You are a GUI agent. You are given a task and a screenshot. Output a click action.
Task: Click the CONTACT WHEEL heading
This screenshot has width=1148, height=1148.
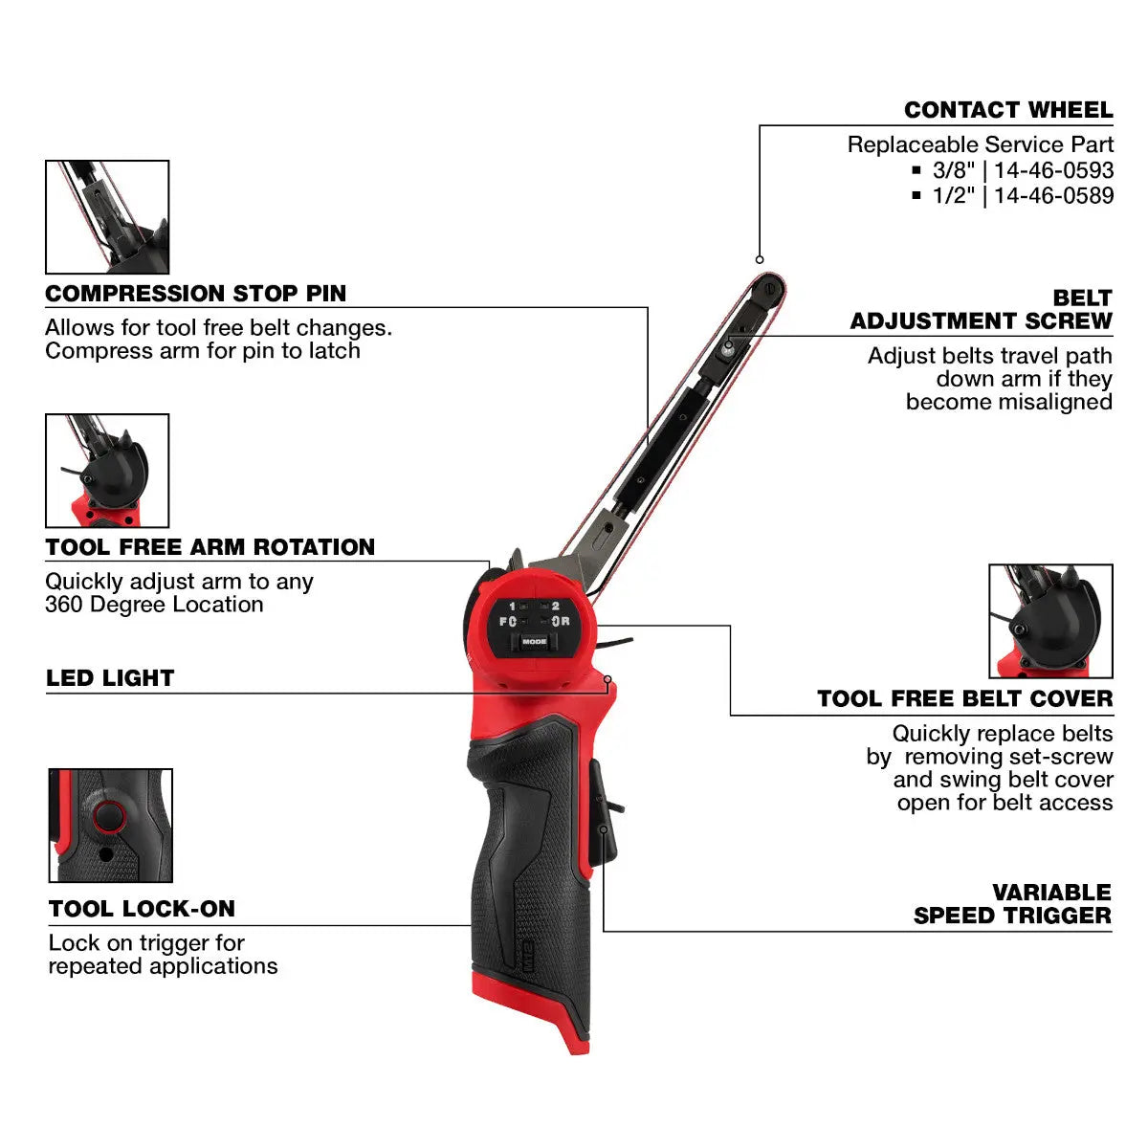click(1008, 110)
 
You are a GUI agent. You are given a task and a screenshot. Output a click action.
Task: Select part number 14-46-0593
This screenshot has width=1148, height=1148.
click(1053, 170)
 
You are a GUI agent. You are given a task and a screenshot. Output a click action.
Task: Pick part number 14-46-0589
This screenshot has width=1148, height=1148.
click(1053, 195)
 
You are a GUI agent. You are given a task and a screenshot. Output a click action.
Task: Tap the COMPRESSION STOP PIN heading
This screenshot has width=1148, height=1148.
click(196, 294)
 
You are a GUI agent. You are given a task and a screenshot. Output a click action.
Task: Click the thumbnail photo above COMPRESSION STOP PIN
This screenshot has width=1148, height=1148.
click(107, 217)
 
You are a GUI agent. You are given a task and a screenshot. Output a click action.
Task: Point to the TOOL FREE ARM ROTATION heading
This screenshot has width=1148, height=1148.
click(210, 547)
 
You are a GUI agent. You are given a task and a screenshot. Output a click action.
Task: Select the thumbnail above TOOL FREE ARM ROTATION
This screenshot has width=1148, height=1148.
click(107, 471)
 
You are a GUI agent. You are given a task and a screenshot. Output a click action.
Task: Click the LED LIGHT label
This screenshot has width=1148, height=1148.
click(110, 678)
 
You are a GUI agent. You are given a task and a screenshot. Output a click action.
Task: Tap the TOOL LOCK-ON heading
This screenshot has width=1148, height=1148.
click(142, 909)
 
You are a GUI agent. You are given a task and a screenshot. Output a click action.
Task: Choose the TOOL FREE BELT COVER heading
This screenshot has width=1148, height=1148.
click(964, 699)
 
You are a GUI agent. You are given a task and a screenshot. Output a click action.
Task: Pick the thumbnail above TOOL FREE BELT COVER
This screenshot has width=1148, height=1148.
click(1050, 621)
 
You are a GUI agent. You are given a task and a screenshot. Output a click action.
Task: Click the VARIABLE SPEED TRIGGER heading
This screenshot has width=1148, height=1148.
click(1012, 904)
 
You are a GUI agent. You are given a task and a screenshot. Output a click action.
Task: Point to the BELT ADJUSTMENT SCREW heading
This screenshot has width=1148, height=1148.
click(982, 309)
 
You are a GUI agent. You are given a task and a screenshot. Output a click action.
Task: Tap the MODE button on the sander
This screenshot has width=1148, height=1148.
click(535, 642)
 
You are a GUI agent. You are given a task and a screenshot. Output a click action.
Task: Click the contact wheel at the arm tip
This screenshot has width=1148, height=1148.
click(770, 287)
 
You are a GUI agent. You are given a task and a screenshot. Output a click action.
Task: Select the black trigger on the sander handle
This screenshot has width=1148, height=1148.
click(603, 813)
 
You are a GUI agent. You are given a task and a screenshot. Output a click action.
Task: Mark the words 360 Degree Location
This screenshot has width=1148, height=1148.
click(154, 605)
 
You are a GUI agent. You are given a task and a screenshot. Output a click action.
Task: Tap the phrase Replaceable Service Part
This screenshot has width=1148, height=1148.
click(980, 144)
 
